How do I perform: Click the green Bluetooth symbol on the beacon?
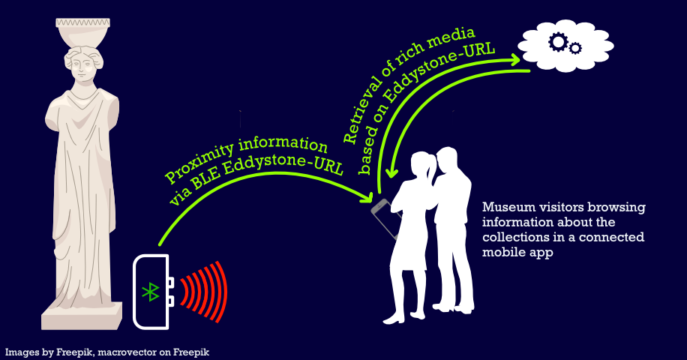pos(151,292)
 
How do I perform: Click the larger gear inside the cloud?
pos(558,43)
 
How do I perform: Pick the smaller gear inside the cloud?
pos(575,49)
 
